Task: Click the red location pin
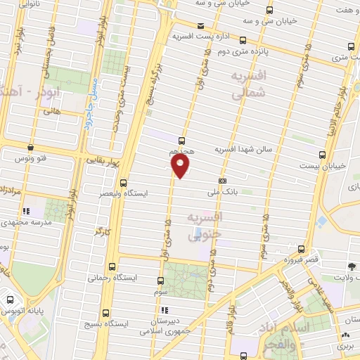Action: [181, 166]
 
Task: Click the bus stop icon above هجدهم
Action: [182, 141]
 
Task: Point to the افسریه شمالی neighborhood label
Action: [250, 83]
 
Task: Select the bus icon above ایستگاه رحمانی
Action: [114, 266]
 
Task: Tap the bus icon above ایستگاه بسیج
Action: [106, 313]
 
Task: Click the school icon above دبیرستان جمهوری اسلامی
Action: [164, 310]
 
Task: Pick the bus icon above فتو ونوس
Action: [30, 148]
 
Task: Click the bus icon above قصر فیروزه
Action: [302, 249]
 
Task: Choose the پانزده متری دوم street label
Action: [233, 51]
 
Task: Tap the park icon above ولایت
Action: [352, 266]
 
